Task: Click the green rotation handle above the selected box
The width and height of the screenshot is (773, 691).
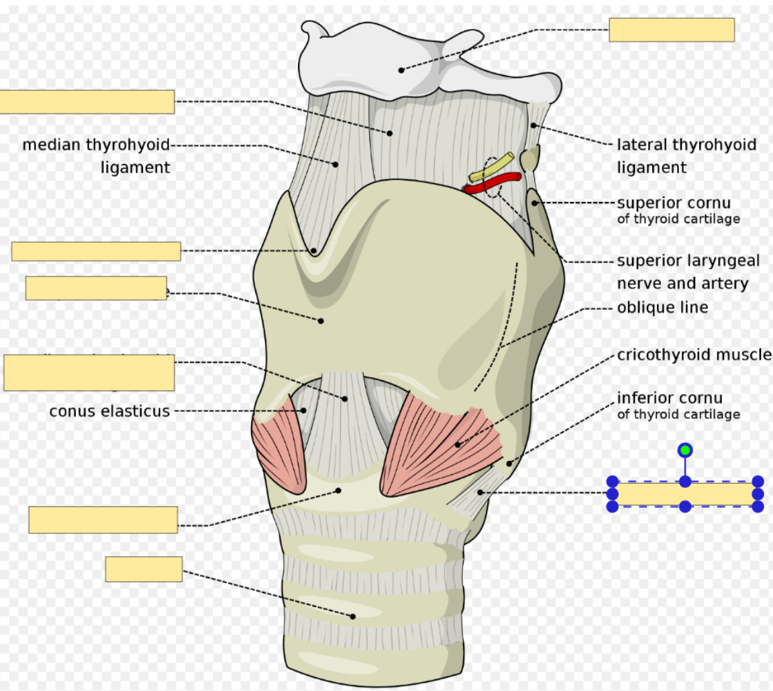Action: click(684, 450)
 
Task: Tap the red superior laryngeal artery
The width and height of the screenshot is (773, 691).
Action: click(493, 182)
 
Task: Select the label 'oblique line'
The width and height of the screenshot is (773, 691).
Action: click(662, 308)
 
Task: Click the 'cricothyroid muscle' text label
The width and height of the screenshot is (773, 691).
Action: click(694, 354)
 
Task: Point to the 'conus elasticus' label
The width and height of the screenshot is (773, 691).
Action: click(109, 411)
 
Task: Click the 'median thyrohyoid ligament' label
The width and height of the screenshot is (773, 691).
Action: click(97, 156)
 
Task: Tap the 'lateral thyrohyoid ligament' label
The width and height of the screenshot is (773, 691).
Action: click(686, 156)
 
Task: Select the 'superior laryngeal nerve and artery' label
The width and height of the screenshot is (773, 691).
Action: click(682, 272)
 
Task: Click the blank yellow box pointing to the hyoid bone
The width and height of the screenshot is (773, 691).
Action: click(671, 30)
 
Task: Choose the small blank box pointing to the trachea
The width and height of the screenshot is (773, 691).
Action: click(144, 569)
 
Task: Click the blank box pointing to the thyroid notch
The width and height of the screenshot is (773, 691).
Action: click(96, 251)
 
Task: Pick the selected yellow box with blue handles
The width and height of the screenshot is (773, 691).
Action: click(684, 494)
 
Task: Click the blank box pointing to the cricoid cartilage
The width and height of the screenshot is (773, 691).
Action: click(103, 520)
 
